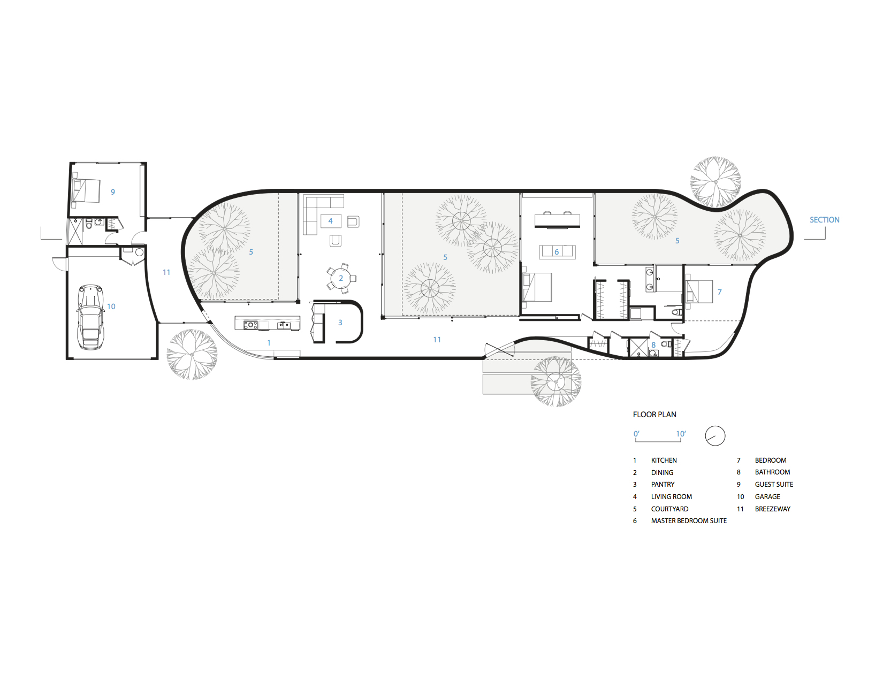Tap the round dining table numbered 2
[x=341, y=278]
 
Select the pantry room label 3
[x=340, y=323]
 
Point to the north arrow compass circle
[x=715, y=436]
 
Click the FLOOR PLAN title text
[x=654, y=415]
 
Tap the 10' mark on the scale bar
[x=680, y=434]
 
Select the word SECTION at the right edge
[x=824, y=220]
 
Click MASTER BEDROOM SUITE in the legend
[x=689, y=521]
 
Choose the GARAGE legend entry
[x=767, y=497]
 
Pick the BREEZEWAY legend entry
[x=772, y=509]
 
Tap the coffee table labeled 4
[x=331, y=220]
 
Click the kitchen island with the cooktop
[x=267, y=323]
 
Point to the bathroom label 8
[x=653, y=345]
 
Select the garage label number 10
[x=111, y=306]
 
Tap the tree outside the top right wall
[x=715, y=182]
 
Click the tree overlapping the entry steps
[x=556, y=382]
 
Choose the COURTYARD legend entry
[x=669, y=509]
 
